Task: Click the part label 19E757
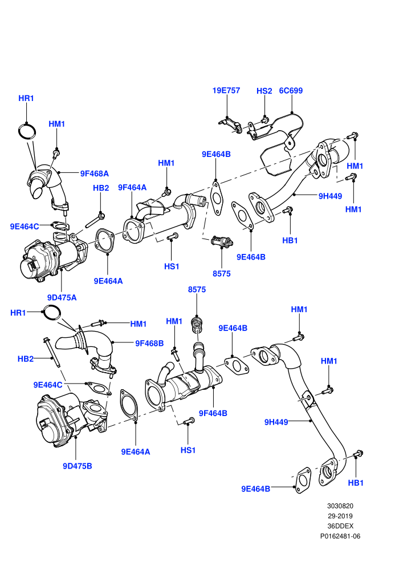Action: coord(226,90)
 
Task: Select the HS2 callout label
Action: coord(264,91)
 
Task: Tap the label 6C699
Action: coord(291,91)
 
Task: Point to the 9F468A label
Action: coord(94,173)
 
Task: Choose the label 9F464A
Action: coord(132,187)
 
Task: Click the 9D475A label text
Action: coord(62,298)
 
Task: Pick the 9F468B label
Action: coord(149,344)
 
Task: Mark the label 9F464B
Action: coord(213,413)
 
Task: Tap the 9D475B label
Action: coord(78,466)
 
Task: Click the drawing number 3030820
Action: coord(340,506)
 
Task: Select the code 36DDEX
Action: coord(340,526)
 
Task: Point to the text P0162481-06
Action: coord(340,536)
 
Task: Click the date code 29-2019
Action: coord(340,516)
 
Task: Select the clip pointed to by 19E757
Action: coord(230,124)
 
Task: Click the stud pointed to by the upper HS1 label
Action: coord(173,236)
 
